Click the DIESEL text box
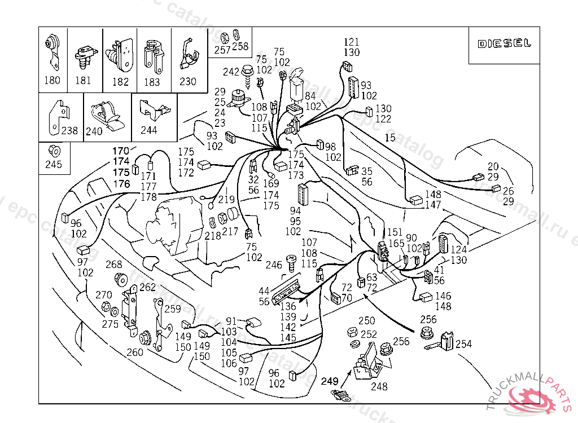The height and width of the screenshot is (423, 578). pos(504,44)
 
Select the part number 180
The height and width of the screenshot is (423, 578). pos(52,81)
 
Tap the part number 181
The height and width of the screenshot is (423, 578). pos(83,81)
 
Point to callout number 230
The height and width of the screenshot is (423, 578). pos(188,81)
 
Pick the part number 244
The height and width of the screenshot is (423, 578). pos(149,130)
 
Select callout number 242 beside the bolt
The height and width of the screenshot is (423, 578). pos(231,72)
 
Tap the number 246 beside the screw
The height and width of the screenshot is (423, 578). pos(274,265)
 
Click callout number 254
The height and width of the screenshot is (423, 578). pos(463,344)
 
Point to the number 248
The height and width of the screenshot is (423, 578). pos(379,387)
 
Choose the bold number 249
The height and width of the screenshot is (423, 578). pos(330,381)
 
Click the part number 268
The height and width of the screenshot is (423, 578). pos(114,265)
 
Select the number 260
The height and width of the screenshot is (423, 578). pos(135,352)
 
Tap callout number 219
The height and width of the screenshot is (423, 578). pos(226,199)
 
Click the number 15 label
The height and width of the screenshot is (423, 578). pos(390,138)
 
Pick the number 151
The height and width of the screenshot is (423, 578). pos(395,232)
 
